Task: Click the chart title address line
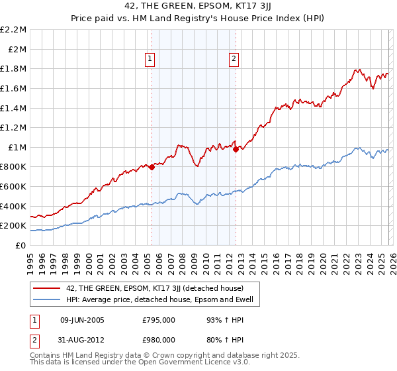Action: tap(198, 6)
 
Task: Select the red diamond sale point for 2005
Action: tap(152, 167)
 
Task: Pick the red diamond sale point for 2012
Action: tap(236, 149)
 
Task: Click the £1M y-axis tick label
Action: tap(17, 147)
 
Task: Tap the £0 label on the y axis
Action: tap(21, 245)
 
